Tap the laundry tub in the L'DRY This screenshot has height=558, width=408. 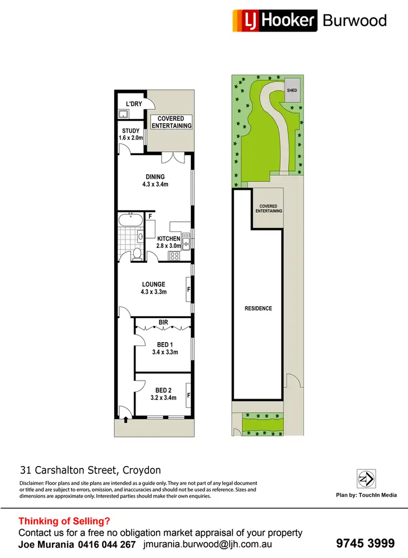pos(123,114)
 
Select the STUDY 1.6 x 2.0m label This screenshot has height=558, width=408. pos(131,134)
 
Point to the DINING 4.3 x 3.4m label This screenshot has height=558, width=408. pos(155,181)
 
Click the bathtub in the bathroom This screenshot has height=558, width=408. pos(131,220)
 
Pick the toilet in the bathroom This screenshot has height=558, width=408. pos(137,253)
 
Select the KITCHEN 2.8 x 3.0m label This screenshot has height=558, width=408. pos(169,243)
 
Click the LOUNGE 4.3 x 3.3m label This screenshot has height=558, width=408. pos(153,288)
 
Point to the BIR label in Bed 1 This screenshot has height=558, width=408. pos(163,323)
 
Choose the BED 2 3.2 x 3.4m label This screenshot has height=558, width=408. pos(163,394)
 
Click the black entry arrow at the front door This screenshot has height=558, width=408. pos(126,419)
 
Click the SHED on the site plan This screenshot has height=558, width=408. pos(292,90)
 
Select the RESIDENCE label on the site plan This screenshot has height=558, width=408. pos(258,308)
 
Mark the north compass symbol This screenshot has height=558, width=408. pos(365,479)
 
